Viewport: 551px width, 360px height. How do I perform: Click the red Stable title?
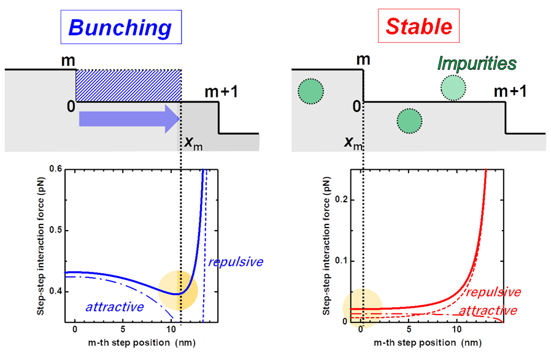point(419,27)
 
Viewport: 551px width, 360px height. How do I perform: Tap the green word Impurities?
point(477,63)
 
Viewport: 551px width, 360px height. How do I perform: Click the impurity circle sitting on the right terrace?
point(452,88)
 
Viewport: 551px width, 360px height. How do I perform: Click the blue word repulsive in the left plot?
point(235,262)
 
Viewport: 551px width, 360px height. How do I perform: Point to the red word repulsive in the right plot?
point(498,292)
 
